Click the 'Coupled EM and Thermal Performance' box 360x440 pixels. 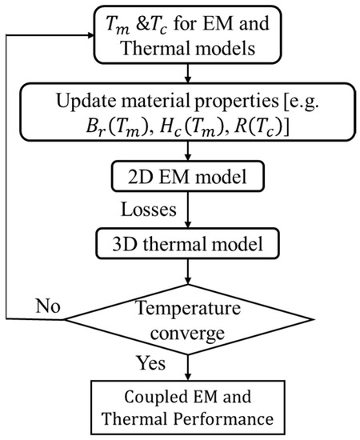tap(186, 406)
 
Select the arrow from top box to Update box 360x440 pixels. tap(186, 77)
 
